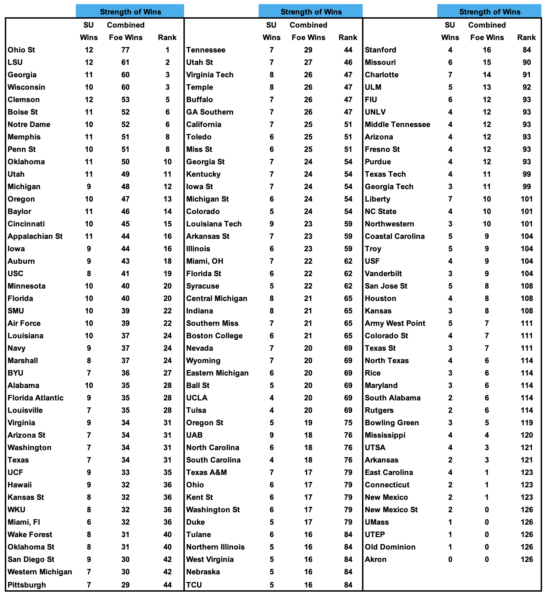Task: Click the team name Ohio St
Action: tap(21, 50)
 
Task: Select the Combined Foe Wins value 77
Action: tap(126, 50)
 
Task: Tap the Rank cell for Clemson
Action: tap(167, 100)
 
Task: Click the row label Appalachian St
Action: tap(35, 236)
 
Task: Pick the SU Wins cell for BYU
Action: tap(89, 373)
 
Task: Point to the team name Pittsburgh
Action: tap(27, 585)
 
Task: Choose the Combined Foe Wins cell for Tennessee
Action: tap(308, 50)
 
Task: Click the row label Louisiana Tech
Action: tap(214, 224)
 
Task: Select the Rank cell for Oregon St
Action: tap(348, 423)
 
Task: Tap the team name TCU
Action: tap(194, 585)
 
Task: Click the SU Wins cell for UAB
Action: tap(271, 435)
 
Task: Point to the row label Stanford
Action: tap(380, 50)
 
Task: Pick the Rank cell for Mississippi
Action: tap(527, 435)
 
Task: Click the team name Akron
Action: tap(375, 560)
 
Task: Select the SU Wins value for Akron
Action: tap(450, 560)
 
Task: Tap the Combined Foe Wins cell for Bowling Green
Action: tap(487, 423)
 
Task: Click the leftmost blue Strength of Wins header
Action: tap(130, 12)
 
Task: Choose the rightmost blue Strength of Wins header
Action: tap(489, 12)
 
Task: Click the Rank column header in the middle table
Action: tap(348, 38)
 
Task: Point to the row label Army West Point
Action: tap(395, 323)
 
